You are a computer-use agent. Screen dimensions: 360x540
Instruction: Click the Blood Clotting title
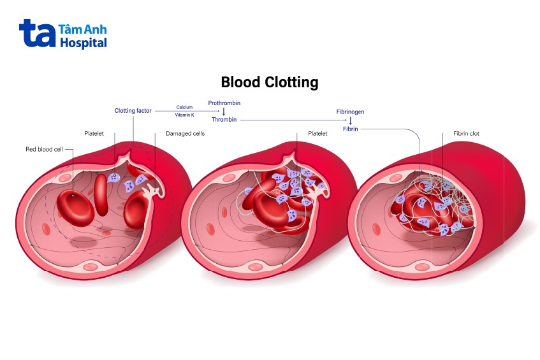269,82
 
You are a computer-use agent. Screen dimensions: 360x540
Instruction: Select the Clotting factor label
133,111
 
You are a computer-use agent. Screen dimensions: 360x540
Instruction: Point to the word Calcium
184,107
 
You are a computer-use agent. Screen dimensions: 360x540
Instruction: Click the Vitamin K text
184,115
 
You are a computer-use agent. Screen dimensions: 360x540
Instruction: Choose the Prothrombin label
224,103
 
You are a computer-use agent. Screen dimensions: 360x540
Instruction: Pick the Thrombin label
224,119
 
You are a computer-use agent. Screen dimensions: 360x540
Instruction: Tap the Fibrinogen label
350,112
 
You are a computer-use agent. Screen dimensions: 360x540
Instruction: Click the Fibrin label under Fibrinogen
350,129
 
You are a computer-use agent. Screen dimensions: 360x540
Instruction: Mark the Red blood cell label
44,150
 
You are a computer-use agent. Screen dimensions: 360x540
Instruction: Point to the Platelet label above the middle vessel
317,134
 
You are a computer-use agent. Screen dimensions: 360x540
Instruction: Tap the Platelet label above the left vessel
94,134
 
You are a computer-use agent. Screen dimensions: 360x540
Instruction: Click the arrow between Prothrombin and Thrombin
224,111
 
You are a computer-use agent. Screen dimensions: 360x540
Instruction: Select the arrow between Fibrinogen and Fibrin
350,120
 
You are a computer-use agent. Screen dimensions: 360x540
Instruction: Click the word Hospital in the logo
83,43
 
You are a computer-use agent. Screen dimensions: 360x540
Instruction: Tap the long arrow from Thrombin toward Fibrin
293,119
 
